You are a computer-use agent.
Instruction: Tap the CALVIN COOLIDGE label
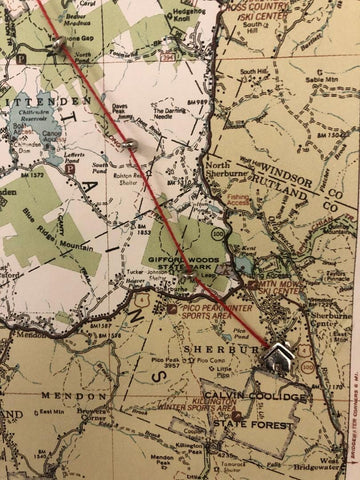tap(256, 399)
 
